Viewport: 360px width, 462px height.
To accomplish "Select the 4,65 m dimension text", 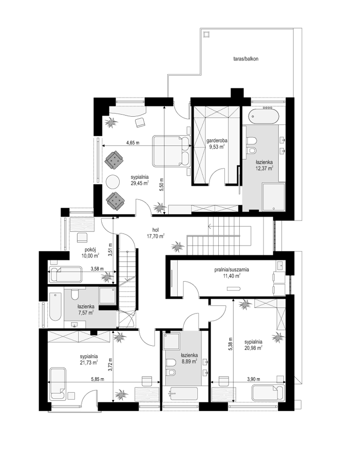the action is [133, 143].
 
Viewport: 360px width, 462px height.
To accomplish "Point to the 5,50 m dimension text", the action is [161, 184].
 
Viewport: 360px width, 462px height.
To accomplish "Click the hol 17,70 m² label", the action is [156, 232].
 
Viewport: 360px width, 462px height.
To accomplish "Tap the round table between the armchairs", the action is [112, 181].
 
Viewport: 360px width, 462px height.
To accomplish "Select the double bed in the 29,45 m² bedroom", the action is [171, 151].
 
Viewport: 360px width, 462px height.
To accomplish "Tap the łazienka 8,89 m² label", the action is [187, 358].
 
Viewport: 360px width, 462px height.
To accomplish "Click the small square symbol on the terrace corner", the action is [206, 34].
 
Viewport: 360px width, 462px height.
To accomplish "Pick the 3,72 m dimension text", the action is [110, 364].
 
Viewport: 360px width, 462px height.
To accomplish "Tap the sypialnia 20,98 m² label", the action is [254, 345].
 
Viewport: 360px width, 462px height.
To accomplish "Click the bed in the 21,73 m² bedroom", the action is [58, 383].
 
